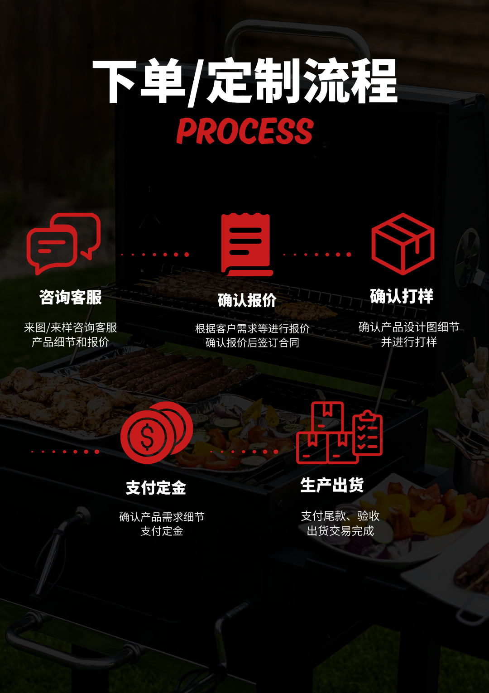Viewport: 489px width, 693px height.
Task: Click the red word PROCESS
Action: [x=244, y=131]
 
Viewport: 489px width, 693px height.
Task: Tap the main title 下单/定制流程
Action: [x=244, y=82]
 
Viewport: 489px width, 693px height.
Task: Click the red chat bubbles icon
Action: [x=63, y=243]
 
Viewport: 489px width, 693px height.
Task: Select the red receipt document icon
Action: [x=247, y=245]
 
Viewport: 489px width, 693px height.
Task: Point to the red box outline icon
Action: [x=403, y=244]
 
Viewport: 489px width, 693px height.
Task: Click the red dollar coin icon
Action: [x=156, y=433]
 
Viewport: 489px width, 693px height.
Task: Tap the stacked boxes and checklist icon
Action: [x=339, y=433]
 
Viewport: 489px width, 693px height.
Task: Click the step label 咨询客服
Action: [x=71, y=298]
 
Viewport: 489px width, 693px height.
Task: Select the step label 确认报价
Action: [x=247, y=300]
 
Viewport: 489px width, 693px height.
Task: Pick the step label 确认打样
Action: [x=402, y=296]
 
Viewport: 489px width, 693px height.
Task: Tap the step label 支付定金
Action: [x=156, y=488]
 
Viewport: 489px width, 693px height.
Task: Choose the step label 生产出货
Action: [x=332, y=485]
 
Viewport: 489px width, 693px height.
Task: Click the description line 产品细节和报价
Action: [x=71, y=342]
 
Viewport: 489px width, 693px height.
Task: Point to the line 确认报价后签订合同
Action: [x=252, y=343]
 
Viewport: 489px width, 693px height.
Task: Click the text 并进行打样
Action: [x=409, y=342]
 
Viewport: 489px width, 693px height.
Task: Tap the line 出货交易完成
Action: [x=340, y=531]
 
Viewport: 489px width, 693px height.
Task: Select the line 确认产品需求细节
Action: [x=162, y=517]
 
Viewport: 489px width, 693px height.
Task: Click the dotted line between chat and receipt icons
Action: [x=155, y=255]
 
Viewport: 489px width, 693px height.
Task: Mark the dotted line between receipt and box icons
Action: [x=317, y=255]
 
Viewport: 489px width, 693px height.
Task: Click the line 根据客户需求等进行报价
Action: [x=252, y=328]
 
